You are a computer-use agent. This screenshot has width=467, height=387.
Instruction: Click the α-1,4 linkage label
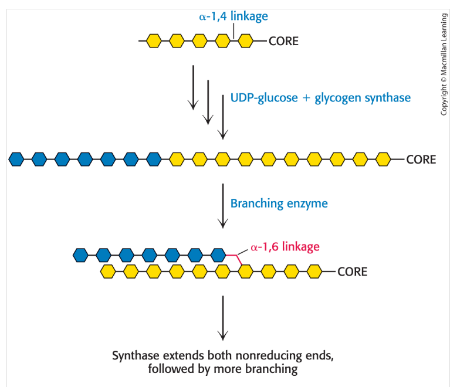(x=233, y=16)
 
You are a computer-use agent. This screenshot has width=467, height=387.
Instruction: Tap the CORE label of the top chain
(x=283, y=41)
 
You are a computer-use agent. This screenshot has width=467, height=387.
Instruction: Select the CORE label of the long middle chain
(x=421, y=159)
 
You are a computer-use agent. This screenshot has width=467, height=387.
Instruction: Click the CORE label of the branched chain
(x=353, y=272)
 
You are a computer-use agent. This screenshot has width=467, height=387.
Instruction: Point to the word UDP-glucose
(x=264, y=98)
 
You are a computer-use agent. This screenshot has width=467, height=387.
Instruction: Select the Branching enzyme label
(x=279, y=203)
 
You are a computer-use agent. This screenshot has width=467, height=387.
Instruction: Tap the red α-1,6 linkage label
(x=285, y=247)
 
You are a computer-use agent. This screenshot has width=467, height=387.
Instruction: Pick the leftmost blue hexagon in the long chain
(x=16, y=159)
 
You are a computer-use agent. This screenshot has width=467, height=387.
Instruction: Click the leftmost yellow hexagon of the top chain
(x=154, y=41)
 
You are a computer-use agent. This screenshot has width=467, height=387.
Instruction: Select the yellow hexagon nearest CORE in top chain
(x=246, y=41)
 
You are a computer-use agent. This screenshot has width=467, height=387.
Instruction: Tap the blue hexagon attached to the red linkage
(x=218, y=256)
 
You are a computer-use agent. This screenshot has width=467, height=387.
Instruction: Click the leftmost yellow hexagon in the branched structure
(x=108, y=272)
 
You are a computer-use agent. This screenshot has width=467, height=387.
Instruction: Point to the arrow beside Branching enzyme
(x=223, y=206)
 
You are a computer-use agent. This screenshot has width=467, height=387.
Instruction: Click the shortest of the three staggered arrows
(x=193, y=87)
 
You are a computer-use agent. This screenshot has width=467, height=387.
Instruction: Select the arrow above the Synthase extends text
(x=223, y=318)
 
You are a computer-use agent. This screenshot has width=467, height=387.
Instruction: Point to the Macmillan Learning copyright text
(x=444, y=64)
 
